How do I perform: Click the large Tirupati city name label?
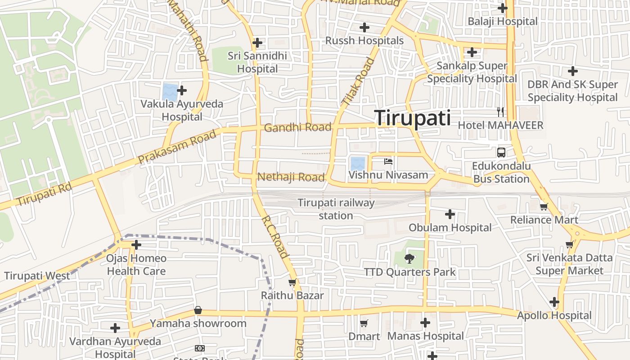(x=412, y=118)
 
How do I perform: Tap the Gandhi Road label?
(x=297, y=127)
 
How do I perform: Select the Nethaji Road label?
(x=291, y=177)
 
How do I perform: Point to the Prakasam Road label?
(x=177, y=147)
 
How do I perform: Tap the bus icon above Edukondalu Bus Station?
(x=501, y=152)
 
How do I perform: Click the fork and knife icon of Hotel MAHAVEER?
(x=500, y=112)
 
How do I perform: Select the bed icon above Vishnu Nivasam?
(x=388, y=161)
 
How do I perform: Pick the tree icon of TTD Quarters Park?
(x=409, y=258)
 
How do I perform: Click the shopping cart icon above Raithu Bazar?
(x=292, y=283)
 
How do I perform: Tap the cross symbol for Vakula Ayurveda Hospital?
(x=182, y=90)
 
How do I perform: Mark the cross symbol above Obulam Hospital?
(x=450, y=214)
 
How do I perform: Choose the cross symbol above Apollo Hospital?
(x=554, y=302)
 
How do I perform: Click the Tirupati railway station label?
(x=336, y=209)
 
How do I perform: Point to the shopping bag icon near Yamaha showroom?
(x=198, y=310)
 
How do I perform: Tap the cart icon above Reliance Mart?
(x=544, y=207)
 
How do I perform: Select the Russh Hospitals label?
(x=364, y=40)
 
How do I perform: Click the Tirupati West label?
(x=37, y=276)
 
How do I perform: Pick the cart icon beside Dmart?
(x=364, y=323)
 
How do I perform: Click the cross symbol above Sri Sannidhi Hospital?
(x=257, y=43)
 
